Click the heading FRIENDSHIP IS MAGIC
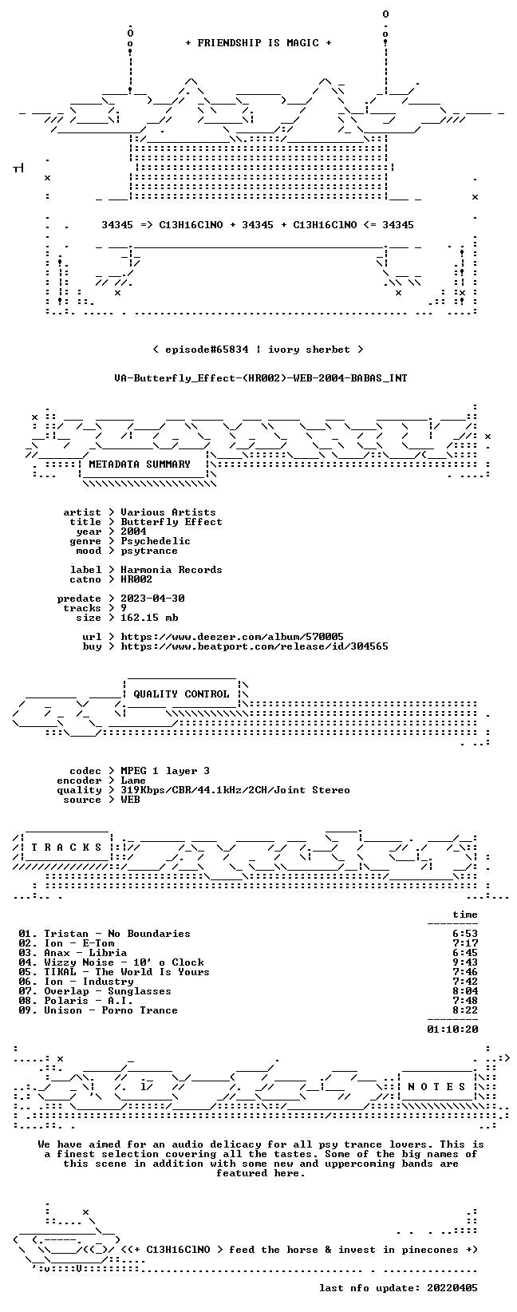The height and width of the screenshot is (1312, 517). pos(258,43)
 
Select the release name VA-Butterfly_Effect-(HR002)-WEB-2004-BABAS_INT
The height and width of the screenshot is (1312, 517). pos(261,378)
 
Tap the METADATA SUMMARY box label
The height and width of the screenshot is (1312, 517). pos(140,464)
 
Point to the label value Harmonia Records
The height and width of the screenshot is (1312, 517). pos(172,569)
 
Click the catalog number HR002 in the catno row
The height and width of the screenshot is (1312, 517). pos(136,579)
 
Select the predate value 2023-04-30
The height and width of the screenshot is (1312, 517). pos(152,598)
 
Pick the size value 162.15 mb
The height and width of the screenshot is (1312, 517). pos(149,618)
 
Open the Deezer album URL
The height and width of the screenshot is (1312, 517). pos(232,637)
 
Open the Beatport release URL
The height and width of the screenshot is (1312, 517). pos(254,646)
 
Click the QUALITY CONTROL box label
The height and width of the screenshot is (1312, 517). pos(181,694)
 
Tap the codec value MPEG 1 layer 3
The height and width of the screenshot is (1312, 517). pos(165,771)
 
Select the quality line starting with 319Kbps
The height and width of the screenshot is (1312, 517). pos(235,790)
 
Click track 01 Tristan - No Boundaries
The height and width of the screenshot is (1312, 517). pos(105,934)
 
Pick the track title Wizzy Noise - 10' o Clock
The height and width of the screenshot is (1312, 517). pos(124,962)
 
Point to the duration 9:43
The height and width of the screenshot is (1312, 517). pos(465,962)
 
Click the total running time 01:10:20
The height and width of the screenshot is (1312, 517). pos(452,1029)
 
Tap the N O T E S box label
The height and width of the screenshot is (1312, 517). pos(436,1086)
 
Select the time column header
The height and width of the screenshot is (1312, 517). pos(465,915)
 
